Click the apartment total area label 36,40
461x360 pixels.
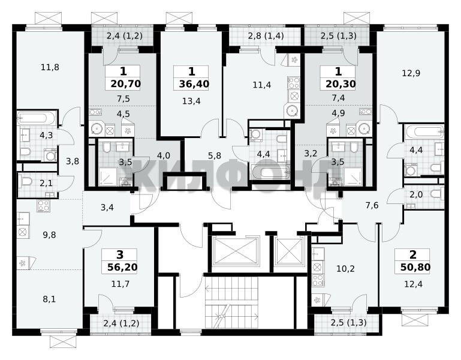tap(194, 84)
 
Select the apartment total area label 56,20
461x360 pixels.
tap(122, 267)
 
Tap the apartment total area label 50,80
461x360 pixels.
tap(415, 267)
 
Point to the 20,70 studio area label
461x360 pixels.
tap(126, 84)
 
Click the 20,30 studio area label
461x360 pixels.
tap(341, 84)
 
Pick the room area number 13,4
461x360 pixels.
tap(191, 101)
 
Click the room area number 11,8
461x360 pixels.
tap(50, 67)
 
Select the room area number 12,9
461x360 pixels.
tap(411, 73)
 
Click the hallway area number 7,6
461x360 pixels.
tap(372, 205)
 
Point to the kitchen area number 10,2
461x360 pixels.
tap(345, 268)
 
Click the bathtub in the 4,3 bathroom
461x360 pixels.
tap(36, 118)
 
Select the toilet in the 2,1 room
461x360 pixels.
tap(25, 182)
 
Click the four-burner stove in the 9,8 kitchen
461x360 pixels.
tap(44, 206)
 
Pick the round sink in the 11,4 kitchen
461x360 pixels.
tap(292, 111)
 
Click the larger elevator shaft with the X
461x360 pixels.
tap(236, 251)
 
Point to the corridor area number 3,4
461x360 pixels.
tap(107, 208)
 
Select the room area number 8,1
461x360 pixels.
tap(49, 299)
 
